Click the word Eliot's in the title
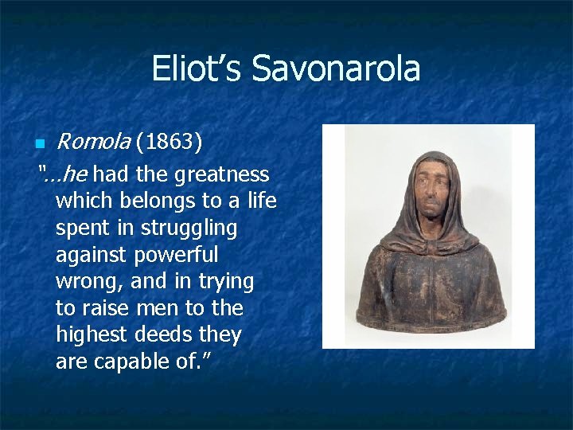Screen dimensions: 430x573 198,68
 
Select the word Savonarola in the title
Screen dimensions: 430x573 336,68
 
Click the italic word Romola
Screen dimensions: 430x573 92,143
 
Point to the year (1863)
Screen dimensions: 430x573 169,143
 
